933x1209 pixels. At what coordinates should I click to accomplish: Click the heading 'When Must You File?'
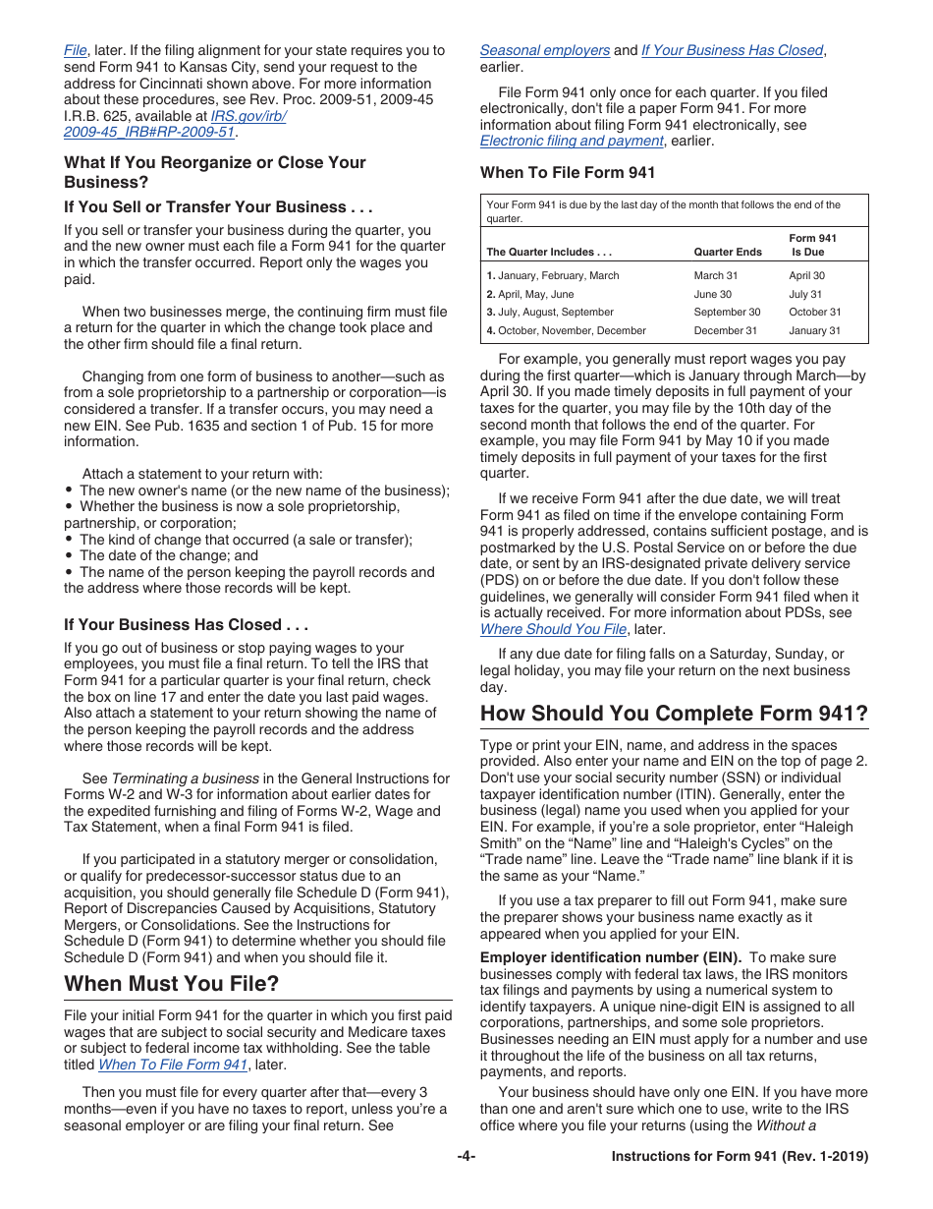172,983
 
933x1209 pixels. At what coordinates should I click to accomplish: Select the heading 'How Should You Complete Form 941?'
674,713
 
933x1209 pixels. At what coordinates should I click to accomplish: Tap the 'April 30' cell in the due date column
806,276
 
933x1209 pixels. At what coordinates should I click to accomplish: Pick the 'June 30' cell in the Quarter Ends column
712,294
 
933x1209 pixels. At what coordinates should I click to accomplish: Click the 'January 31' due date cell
814,331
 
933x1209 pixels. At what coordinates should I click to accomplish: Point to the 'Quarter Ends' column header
727,252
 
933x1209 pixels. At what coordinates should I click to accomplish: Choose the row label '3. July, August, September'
550,313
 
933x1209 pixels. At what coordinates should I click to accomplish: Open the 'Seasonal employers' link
544,50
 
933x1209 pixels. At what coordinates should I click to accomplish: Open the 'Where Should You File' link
553,629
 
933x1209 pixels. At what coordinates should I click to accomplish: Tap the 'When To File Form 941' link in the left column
173,1065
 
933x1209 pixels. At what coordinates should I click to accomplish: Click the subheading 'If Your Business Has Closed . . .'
187,624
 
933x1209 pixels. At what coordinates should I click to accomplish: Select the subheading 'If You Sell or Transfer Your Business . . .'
218,206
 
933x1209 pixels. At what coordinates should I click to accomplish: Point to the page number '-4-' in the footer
466,1157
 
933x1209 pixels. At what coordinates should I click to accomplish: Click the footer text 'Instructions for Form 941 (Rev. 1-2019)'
740,1157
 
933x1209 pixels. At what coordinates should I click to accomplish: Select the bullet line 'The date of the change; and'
168,555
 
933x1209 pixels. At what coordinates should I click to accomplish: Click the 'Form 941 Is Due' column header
813,245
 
